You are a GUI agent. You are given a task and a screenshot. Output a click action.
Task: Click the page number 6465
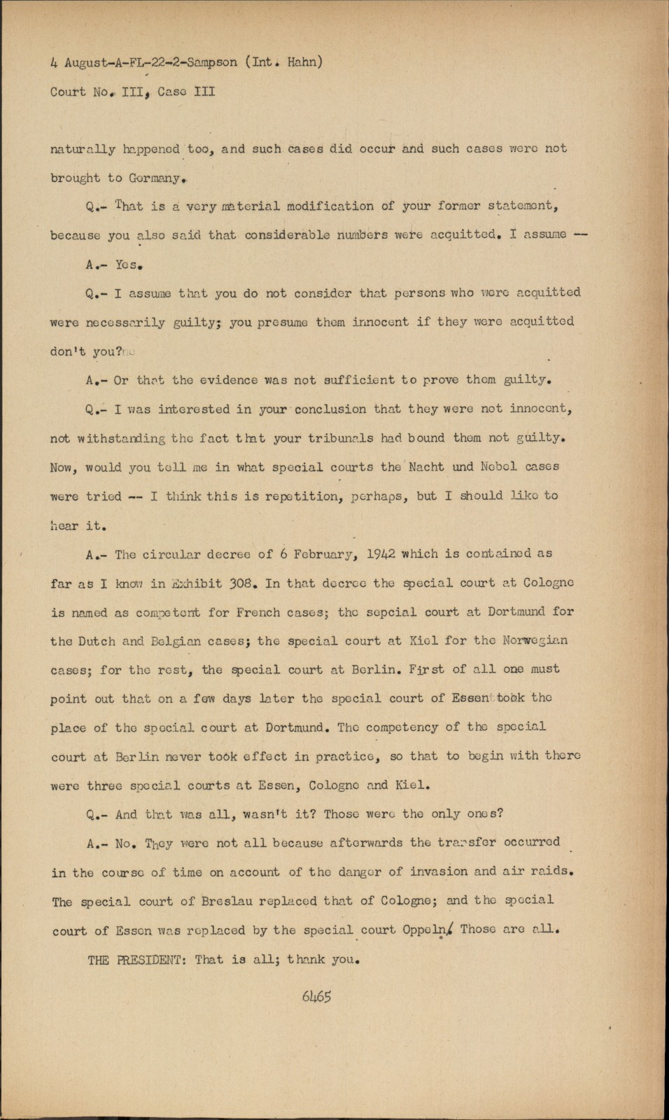pos(316,996)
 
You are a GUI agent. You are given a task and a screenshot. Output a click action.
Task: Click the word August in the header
pos(85,62)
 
